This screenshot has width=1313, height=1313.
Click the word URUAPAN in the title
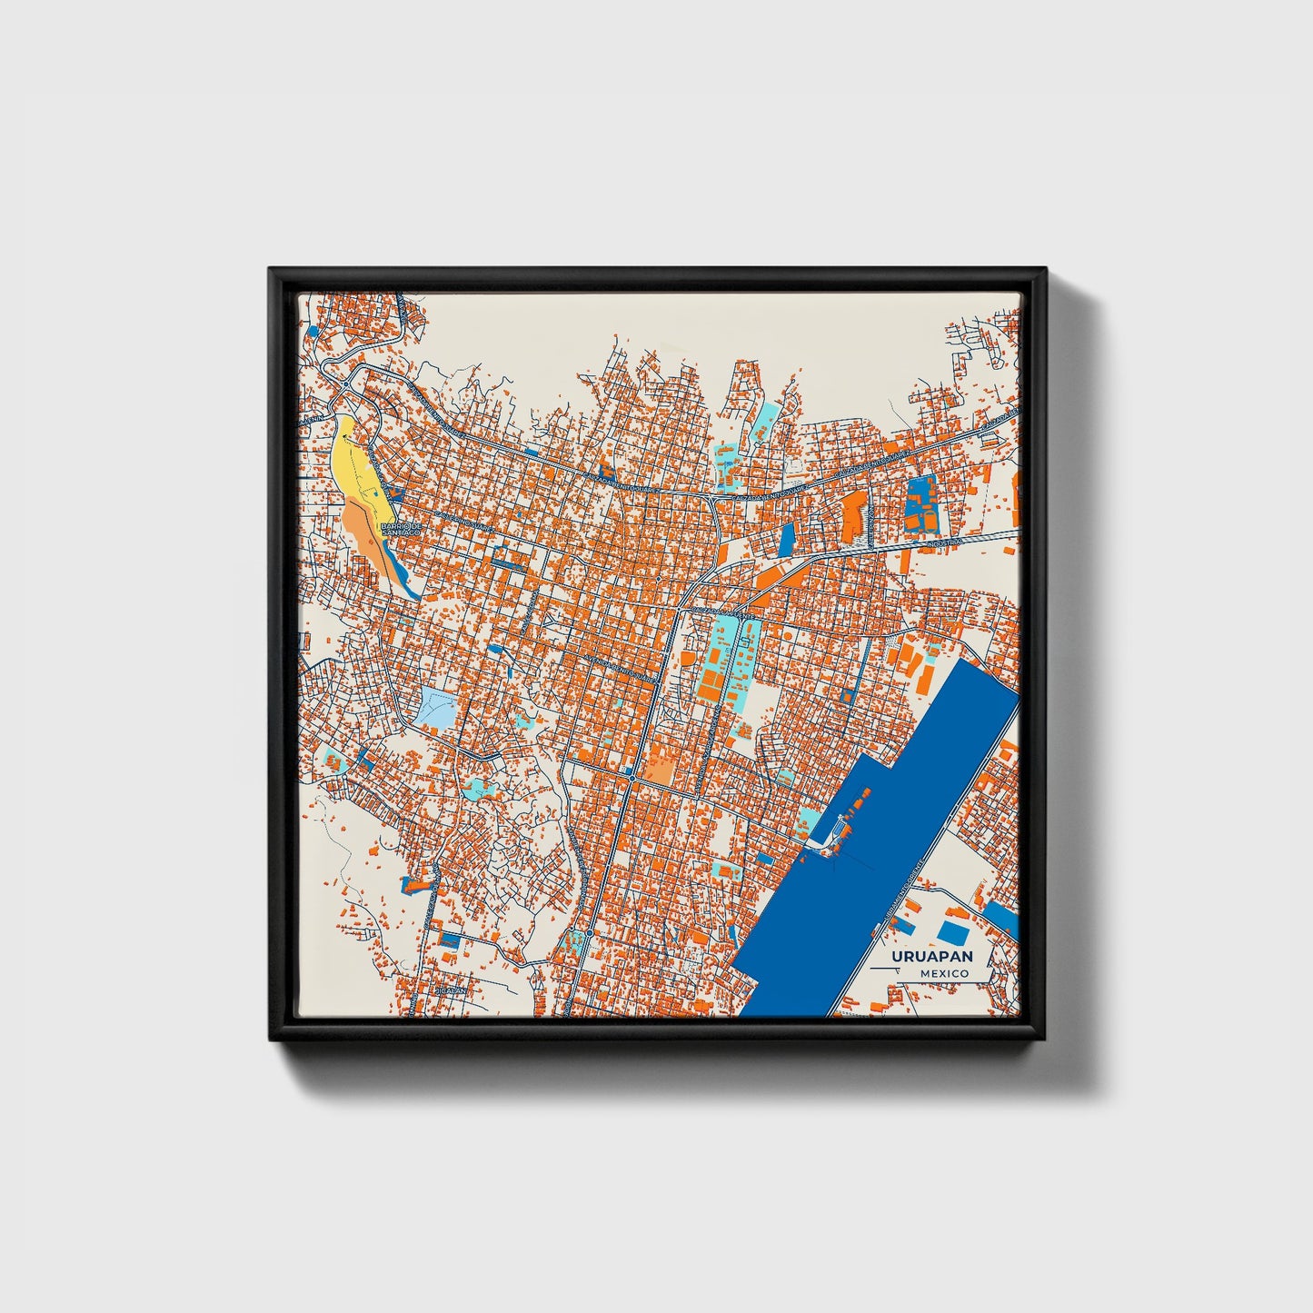[x=931, y=956]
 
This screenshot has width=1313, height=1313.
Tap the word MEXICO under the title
[x=942, y=973]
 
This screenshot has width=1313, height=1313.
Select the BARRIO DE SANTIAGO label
[x=401, y=528]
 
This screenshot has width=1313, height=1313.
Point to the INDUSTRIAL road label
[x=944, y=542]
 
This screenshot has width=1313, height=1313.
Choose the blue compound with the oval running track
[x=921, y=505]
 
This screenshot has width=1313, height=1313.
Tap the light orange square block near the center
[x=660, y=771]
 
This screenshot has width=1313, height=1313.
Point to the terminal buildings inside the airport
[x=841, y=827]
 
